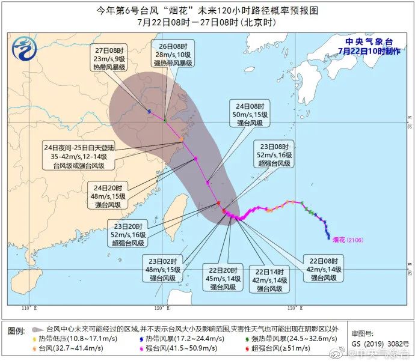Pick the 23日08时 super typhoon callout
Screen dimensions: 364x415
(274, 155)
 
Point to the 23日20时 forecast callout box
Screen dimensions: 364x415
(128, 234)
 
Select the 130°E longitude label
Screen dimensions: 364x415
(292, 308)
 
